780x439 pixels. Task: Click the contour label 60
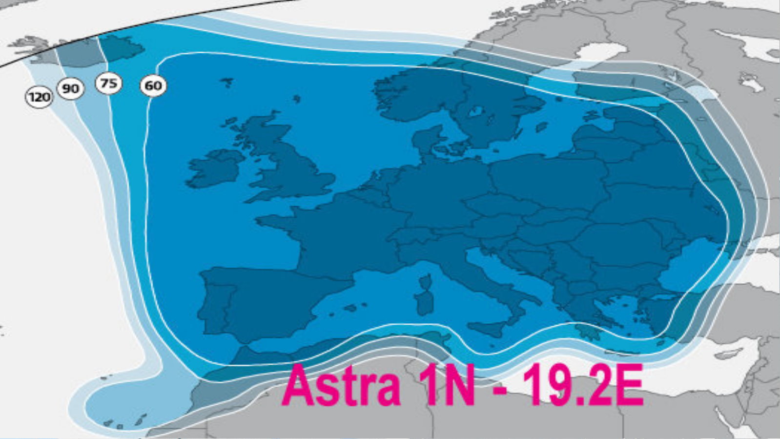(x=153, y=86)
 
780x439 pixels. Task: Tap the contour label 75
(x=108, y=84)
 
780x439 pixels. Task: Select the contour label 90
(x=71, y=89)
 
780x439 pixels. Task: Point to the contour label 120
(x=39, y=97)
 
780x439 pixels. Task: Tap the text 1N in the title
(x=449, y=386)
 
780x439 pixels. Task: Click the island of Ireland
(x=215, y=168)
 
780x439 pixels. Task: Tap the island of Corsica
(x=425, y=281)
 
